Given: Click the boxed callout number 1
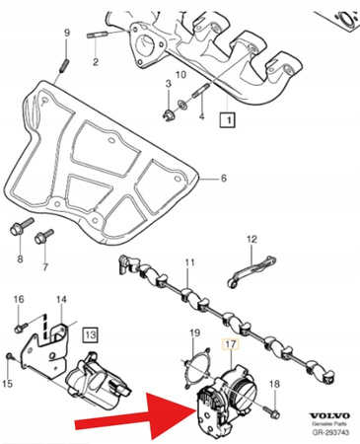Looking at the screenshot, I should coord(226,119).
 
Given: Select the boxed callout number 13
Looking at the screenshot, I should coord(91,334).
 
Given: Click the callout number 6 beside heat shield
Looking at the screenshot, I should coord(222,178).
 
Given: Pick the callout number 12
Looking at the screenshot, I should coord(251,239).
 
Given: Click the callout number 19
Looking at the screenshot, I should coord(194,333).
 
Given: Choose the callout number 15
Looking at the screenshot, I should coord(10,384).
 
